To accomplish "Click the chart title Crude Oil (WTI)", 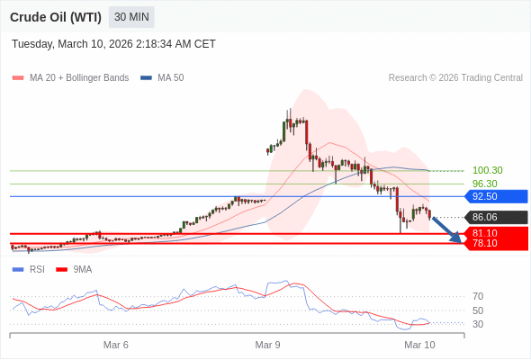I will (55, 17).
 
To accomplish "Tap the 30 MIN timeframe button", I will (132, 17).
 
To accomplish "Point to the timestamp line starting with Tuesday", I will (113, 44).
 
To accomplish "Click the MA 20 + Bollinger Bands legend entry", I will (78, 77).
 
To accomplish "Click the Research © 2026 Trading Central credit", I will (455, 77).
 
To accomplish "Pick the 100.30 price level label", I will (487, 170).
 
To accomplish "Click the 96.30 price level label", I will (484, 184).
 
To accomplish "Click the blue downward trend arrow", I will (446, 230).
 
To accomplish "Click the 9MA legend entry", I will (82, 269).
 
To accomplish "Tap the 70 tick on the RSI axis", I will (478, 296).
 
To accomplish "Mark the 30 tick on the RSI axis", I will (478, 324).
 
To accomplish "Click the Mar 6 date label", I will (116, 345).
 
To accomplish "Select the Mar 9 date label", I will (268, 345).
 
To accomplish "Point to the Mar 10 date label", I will (419, 345).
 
